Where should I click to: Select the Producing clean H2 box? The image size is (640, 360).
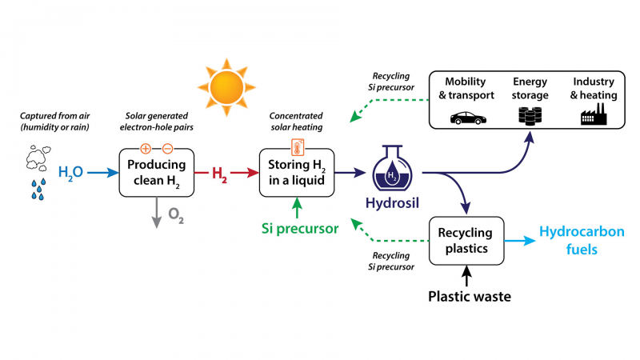tap(157, 172)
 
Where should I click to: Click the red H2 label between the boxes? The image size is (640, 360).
tap(218, 172)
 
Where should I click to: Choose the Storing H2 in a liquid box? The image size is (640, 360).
tap(296, 172)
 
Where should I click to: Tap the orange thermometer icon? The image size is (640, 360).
tap(296, 148)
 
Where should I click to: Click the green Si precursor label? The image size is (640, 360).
tap(299, 228)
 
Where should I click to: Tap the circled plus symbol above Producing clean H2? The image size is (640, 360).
tap(145, 148)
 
